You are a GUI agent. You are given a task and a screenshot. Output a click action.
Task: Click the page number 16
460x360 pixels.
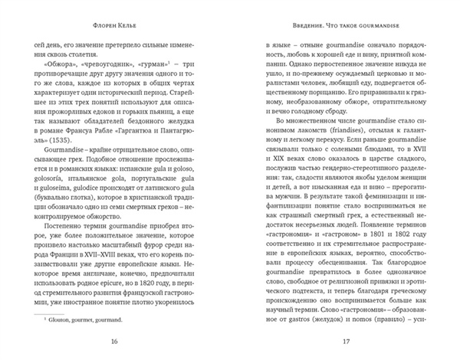[115, 341]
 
